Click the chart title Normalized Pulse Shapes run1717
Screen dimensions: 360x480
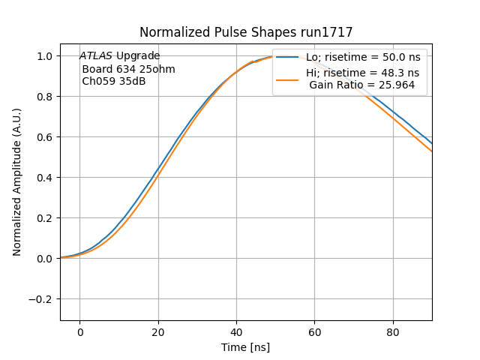[x=246, y=32]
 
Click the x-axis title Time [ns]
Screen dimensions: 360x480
[x=246, y=347]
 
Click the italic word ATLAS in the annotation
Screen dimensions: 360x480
[x=96, y=56]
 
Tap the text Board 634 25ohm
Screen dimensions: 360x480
[x=128, y=69]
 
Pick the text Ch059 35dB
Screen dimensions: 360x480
[x=114, y=82]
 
